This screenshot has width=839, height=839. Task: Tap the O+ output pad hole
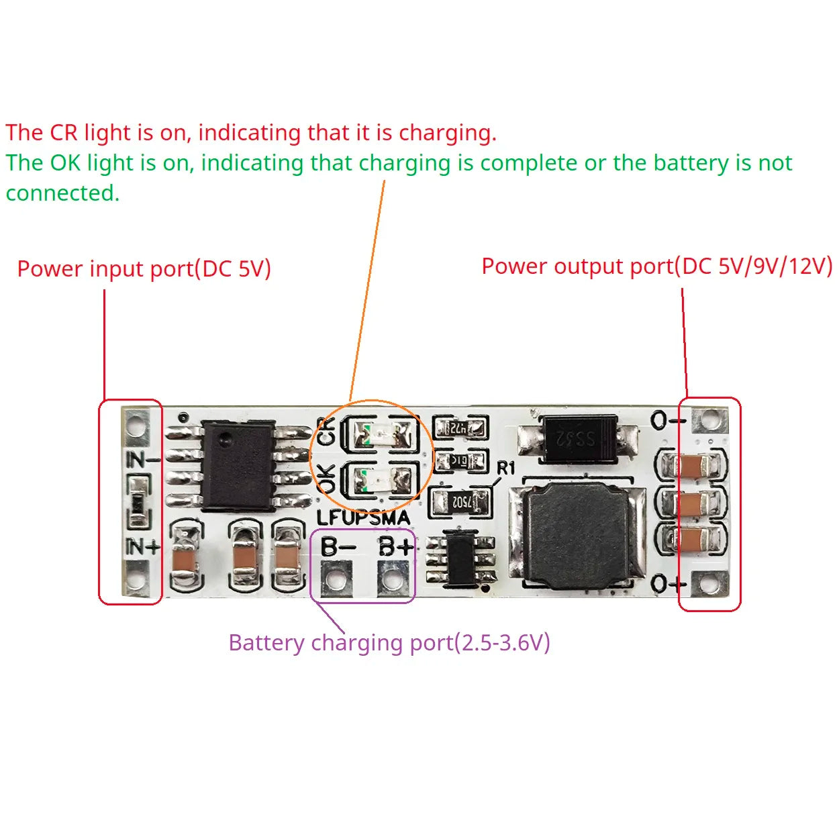[709, 583]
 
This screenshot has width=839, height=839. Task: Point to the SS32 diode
[577, 438]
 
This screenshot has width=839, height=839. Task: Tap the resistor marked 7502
[461, 502]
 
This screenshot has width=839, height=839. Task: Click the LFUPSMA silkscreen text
[363, 517]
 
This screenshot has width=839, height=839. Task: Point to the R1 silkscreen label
[505, 468]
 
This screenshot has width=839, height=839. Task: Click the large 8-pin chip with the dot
[238, 465]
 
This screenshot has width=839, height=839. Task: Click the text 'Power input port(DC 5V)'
[144, 269]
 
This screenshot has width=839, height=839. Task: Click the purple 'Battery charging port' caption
[389, 642]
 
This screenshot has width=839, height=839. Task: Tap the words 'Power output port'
[577, 266]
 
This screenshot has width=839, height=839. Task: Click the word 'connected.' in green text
[62, 193]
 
